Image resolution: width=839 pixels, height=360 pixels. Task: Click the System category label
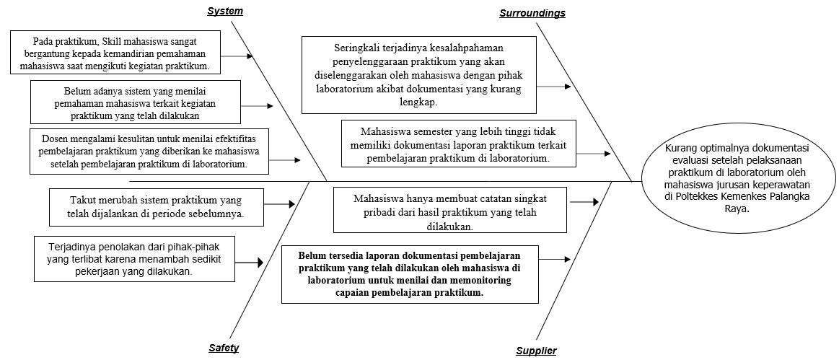coord(225,11)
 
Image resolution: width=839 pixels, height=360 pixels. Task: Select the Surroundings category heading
coord(532,13)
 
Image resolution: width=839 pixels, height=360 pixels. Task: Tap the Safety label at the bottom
coord(224,348)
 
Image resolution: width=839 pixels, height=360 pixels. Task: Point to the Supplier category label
coord(536,351)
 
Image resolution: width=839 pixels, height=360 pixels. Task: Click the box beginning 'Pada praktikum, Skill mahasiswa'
coord(115,53)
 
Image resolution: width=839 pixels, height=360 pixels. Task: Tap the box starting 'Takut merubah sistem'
coord(157,206)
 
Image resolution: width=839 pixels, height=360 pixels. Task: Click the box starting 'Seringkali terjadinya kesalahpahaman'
coord(418,76)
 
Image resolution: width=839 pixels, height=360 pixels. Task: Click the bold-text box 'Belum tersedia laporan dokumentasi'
coord(410,274)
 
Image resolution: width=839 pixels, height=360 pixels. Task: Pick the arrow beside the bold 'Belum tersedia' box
coord(555,258)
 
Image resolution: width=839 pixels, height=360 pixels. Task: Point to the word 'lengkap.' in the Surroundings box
coord(418,102)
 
